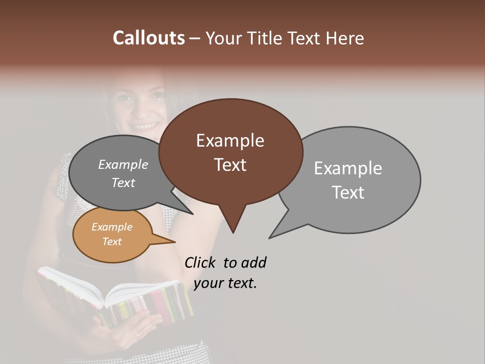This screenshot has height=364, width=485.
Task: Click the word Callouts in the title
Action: [x=149, y=38]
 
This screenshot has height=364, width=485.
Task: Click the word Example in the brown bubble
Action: [x=230, y=141]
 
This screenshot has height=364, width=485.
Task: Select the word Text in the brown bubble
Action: [x=230, y=165]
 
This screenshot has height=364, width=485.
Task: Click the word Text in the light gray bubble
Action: [x=349, y=192]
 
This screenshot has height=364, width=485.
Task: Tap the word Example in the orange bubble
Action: [x=112, y=227]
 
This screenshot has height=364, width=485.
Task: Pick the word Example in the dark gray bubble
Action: [x=123, y=165]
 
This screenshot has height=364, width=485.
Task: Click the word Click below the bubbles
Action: [x=201, y=262]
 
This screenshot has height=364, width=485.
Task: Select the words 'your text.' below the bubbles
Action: [x=225, y=283]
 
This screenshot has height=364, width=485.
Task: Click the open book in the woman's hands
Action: [x=116, y=298]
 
